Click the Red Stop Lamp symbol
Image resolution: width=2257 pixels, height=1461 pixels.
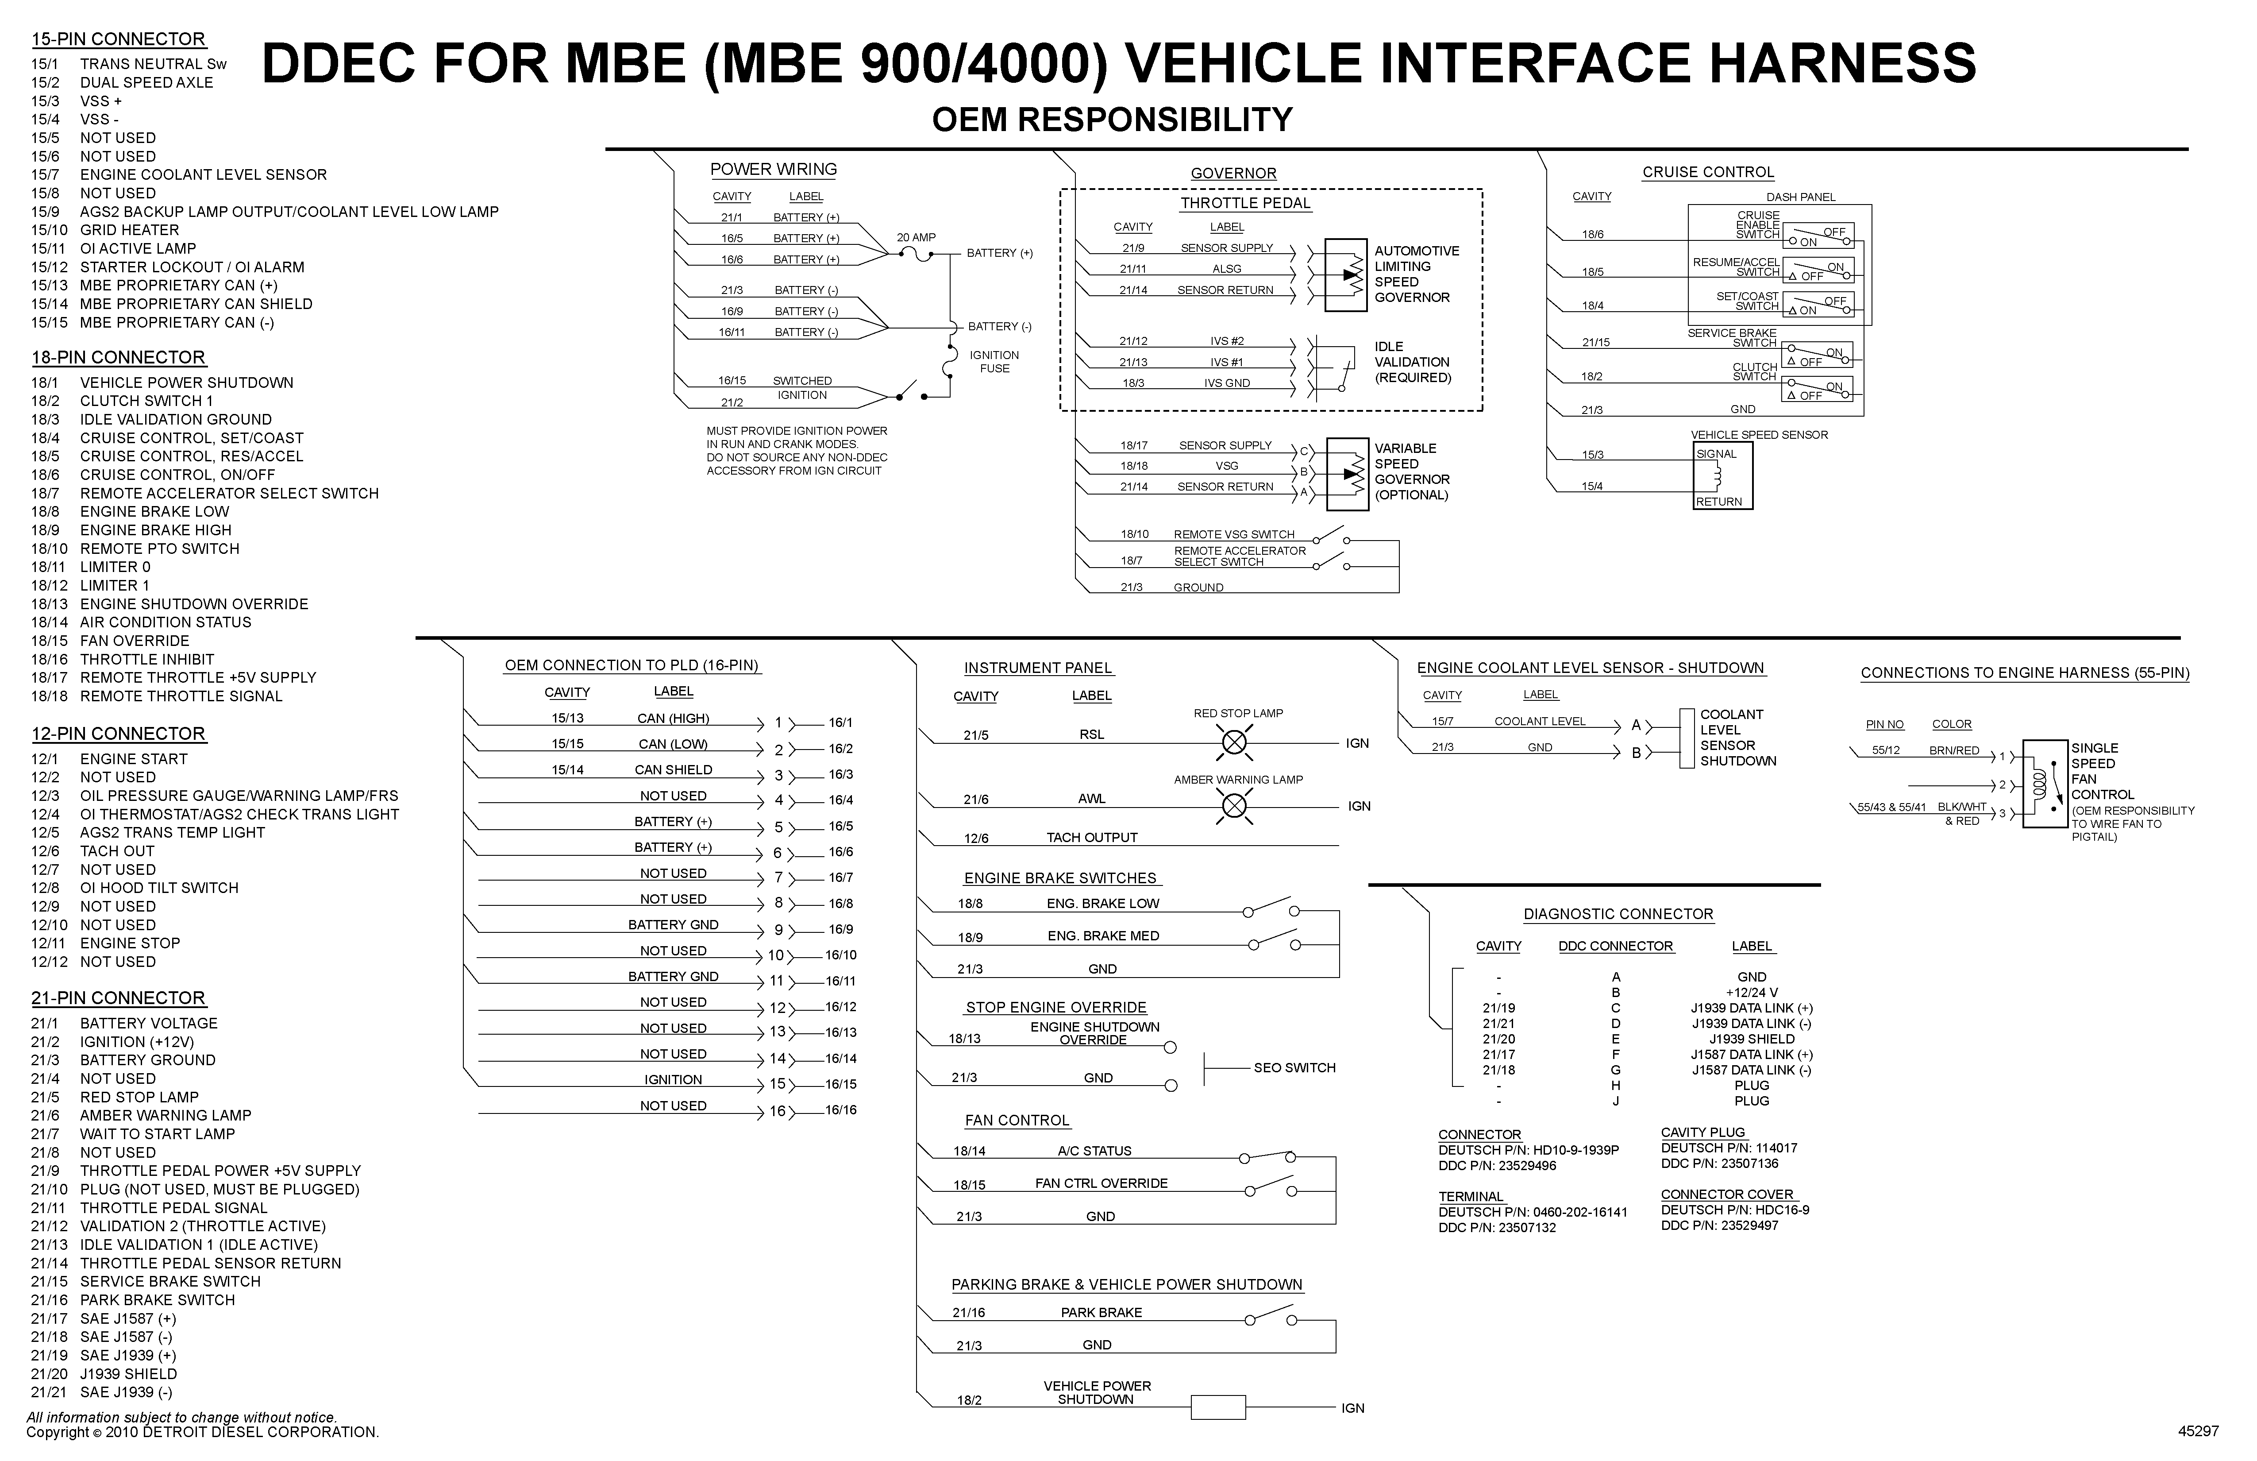pos(1234,742)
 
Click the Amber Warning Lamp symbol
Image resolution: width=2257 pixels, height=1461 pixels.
pos(1234,806)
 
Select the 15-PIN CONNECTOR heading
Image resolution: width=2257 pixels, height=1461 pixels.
pos(119,39)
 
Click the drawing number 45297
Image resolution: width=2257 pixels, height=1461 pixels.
pos(2198,1430)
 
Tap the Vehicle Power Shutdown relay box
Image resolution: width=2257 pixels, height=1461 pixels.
pos(1217,1407)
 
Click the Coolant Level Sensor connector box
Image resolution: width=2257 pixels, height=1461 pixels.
pos(1686,738)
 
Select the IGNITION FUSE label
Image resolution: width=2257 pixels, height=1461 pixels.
pos(994,361)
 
